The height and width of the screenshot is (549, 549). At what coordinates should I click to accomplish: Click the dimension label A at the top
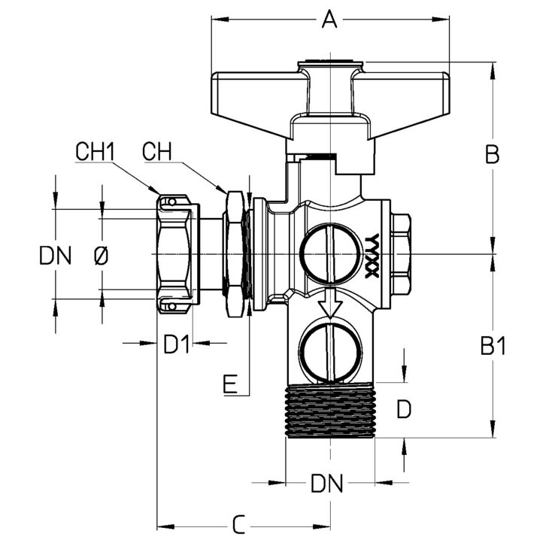pos(329,20)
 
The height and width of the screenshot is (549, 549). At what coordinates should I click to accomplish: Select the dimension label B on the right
pos(493,153)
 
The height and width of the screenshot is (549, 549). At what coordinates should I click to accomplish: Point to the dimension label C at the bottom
pos(239,524)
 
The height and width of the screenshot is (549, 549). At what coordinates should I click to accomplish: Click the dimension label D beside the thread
pos(404,409)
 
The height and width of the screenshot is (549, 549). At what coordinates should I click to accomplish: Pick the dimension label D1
pos(177,344)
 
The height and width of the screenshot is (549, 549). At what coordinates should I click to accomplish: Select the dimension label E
pos(230,384)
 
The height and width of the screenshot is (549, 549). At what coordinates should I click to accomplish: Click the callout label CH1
pos(96,152)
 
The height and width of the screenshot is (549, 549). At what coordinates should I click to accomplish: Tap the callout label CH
pos(157,152)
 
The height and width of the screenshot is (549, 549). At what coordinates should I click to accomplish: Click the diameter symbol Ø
pos(102,255)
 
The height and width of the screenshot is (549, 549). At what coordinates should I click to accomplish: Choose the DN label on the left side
pos(56,255)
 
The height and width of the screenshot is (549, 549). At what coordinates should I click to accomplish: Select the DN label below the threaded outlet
pos(327,484)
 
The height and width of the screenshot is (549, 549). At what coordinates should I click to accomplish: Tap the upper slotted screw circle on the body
pos(330,253)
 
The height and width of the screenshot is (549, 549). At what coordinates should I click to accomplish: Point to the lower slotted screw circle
pos(330,352)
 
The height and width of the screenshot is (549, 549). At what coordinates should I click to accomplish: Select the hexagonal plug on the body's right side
pos(401,254)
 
